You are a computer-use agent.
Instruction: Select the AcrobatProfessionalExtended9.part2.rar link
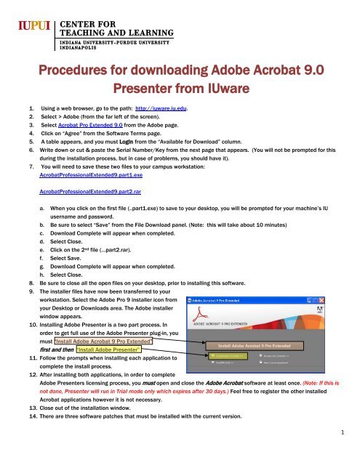click(x=89, y=195)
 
